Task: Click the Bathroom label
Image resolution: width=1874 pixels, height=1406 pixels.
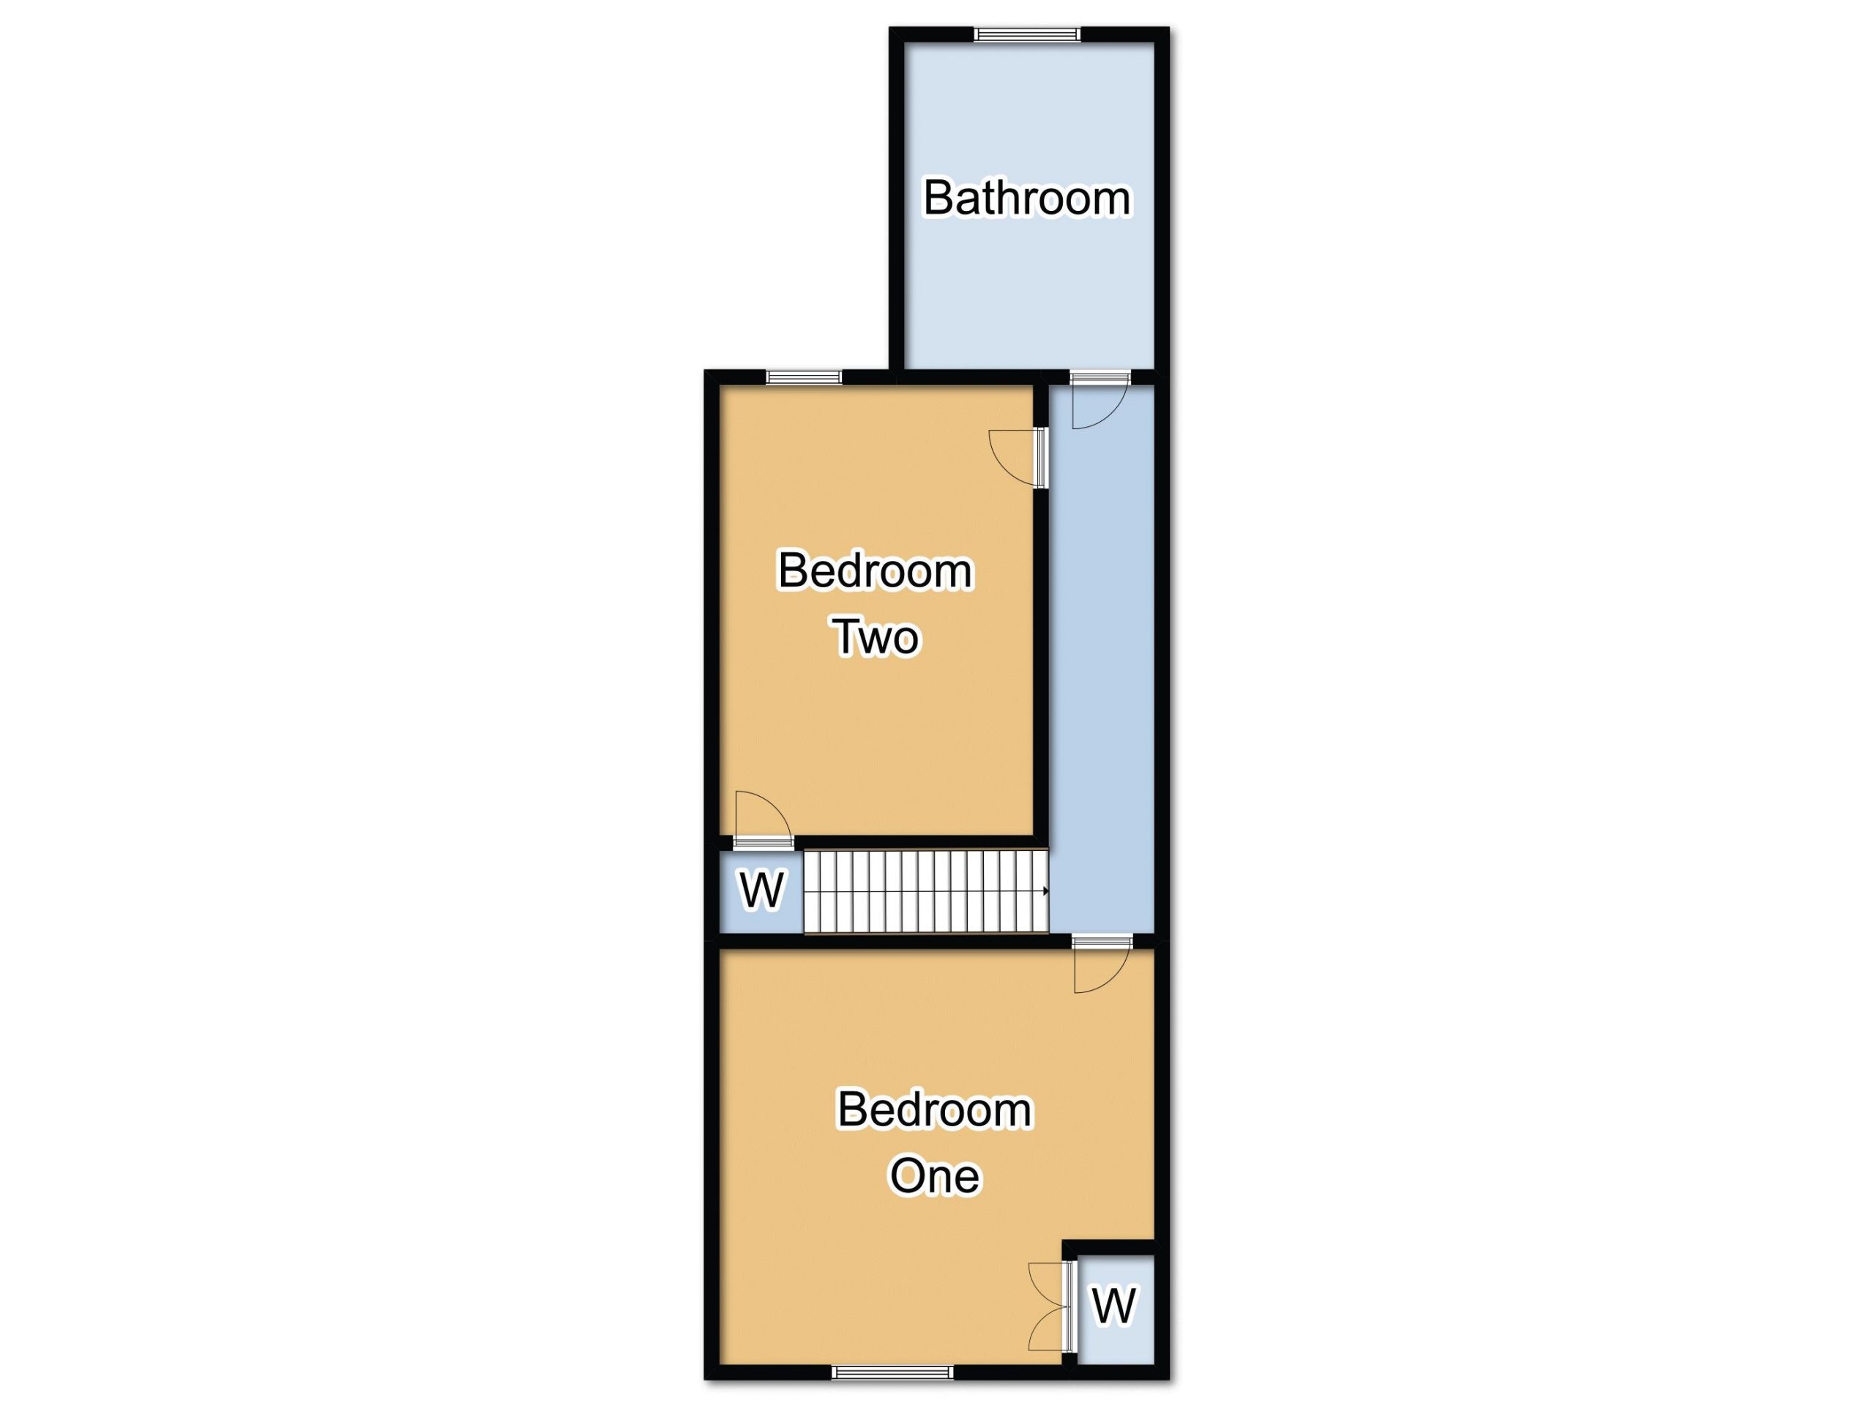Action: coord(1026,198)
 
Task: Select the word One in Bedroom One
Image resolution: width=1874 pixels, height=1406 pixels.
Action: coord(935,1175)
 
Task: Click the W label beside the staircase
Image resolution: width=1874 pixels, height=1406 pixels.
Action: coord(763,890)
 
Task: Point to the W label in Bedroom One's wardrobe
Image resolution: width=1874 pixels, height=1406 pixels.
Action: coord(1113,1305)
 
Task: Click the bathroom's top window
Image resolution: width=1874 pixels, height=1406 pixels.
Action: coord(1027,34)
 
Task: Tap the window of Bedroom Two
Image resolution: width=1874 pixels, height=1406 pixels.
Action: coord(804,378)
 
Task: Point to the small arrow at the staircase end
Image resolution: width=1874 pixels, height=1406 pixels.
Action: coord(1046,890)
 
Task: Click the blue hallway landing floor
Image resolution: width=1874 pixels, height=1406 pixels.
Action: coord(1102,661)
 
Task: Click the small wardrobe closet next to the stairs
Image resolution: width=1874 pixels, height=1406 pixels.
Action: coord(760,892)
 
